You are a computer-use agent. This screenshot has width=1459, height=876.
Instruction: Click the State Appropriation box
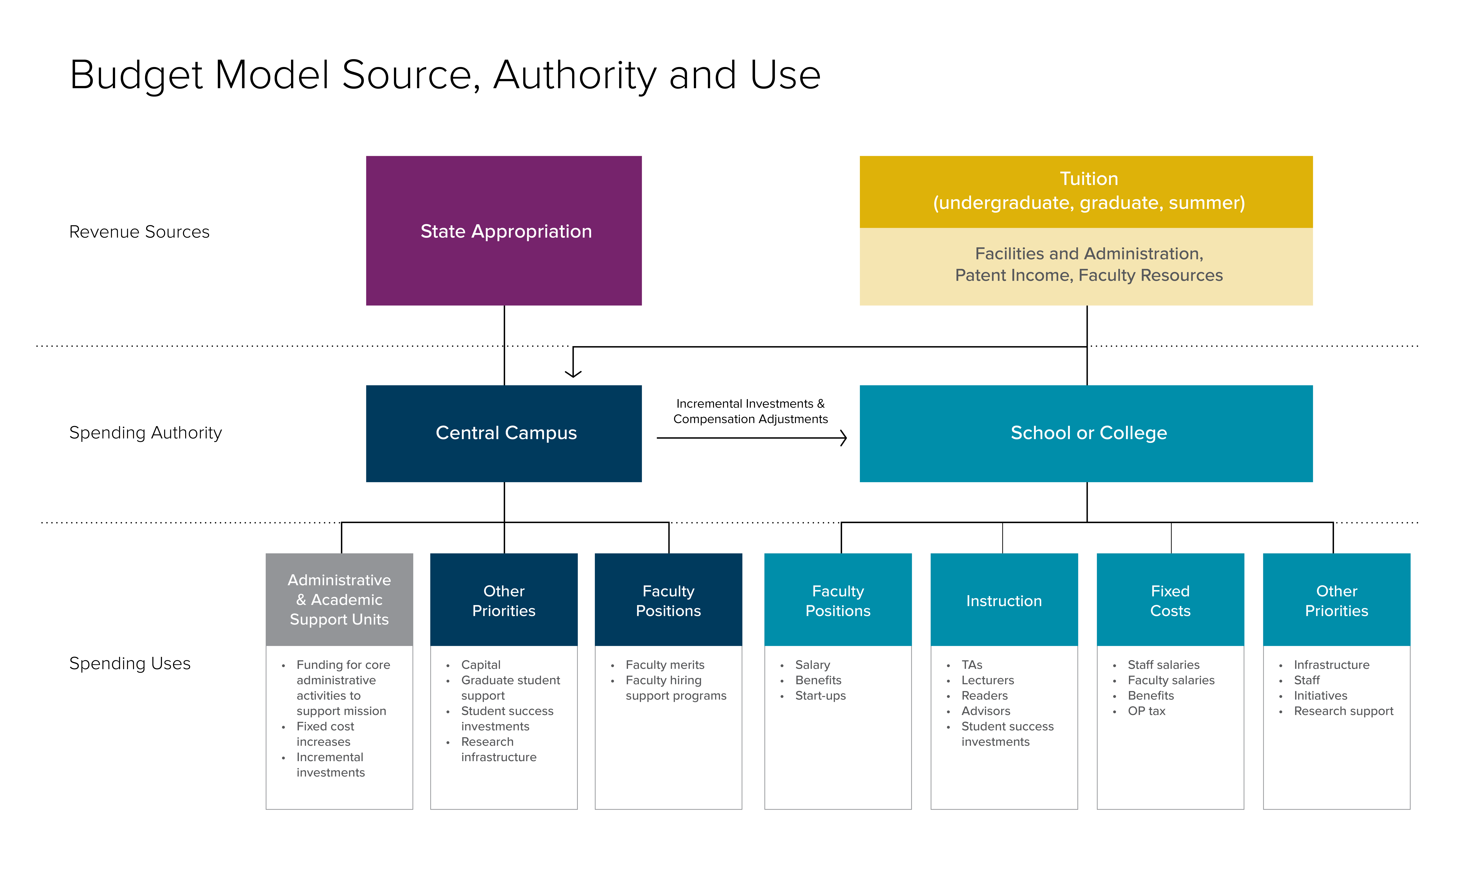pos(504,231)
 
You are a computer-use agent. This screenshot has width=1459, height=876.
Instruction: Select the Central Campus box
pos(504,433)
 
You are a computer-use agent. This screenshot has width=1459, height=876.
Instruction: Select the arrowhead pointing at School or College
pos(844,438)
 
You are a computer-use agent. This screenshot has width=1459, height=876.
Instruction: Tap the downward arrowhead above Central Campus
pos(573,373)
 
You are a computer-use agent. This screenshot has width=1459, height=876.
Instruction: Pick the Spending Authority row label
pos(145,433)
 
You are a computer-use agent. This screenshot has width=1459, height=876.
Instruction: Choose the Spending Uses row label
pos(130,664)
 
